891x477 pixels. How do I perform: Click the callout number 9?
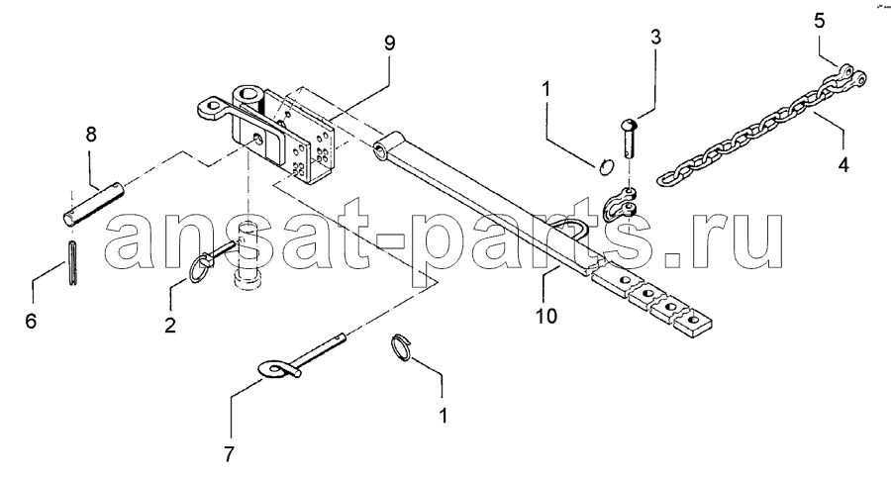click(389, 44)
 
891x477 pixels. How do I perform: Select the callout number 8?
click(91, 136)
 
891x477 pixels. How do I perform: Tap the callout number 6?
click(31, 321)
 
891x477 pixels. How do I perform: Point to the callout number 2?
click(170, 326)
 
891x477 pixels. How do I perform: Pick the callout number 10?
click(546, 315)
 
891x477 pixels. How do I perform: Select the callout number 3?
click(655, 38)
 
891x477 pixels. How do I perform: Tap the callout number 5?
click(819, 21)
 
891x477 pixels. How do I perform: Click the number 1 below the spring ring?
click(444, 415)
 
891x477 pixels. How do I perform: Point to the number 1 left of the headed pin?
click(545, 89)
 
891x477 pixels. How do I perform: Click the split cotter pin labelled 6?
click(72, 262)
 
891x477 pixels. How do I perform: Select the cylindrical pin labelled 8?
click(93, 203)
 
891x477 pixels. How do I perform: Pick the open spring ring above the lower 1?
click(402, 347)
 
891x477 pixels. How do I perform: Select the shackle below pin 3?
click(620, 205)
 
